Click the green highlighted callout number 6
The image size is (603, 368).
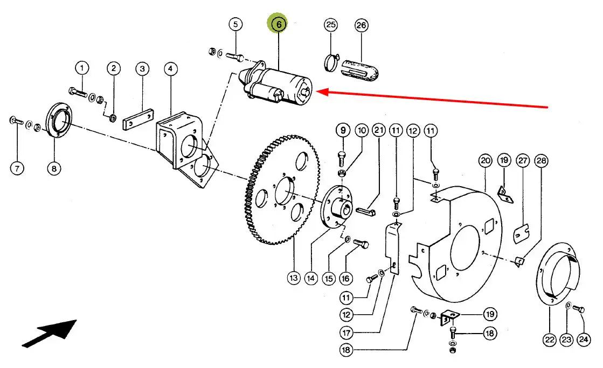click(x=278, y=24)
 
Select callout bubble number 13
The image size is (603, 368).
click(x=293, y=278)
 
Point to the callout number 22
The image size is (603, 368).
click(x=549, y=339)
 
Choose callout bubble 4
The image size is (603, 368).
click(x=170, y=69)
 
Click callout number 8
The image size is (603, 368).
click(x=53, y=168)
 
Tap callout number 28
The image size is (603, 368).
click(x=540, y=160)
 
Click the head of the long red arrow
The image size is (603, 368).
click(x=318, y=93)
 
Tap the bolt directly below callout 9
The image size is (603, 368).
click(x=342, y=158)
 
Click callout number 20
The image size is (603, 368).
click(x=485, y=160)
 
